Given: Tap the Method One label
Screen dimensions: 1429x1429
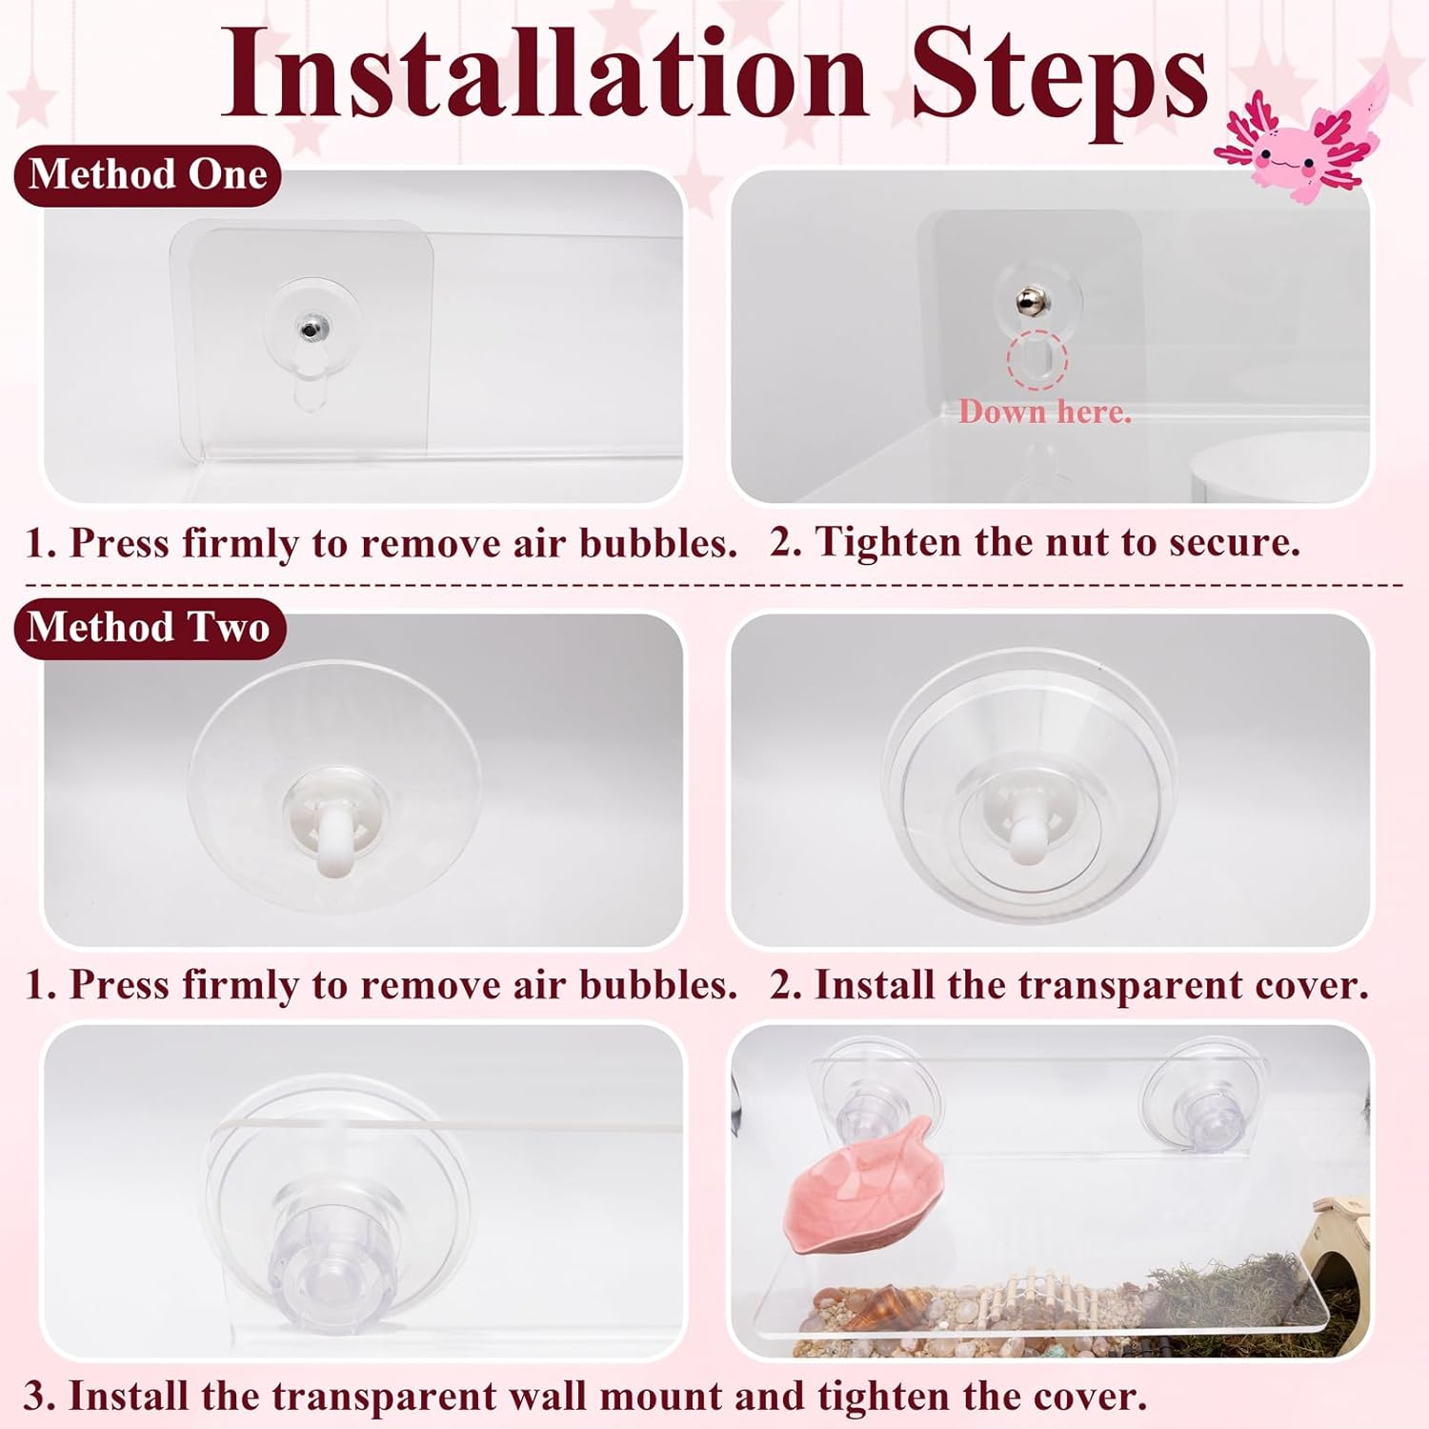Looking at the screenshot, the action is tap(148, 175).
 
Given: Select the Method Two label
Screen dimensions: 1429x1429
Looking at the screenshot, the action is tap(150, 628).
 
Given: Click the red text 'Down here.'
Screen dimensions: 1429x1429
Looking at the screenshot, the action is tap(1045, 412).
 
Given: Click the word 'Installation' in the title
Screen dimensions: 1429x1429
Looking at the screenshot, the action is tap(544, 74).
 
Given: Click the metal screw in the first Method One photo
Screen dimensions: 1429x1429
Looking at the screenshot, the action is tap(311, 329).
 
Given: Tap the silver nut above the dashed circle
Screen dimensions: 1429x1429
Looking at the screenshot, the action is tap(1028, 301).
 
